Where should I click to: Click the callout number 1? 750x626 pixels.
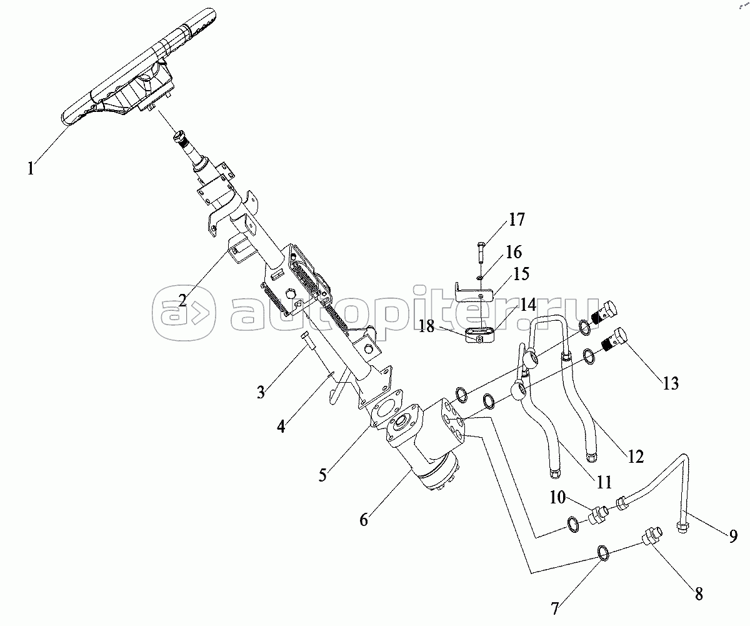(x=31, y=168)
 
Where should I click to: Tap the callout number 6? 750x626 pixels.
(x=364, y=520)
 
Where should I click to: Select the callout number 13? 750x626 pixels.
(x=670, y=383)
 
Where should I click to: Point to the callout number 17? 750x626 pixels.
(x=517, y=220)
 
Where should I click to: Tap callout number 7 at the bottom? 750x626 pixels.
(x=555, y=608)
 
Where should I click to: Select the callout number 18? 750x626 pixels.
(x=427, y=326)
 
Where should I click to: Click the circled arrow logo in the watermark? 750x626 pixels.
(x=184, y=313)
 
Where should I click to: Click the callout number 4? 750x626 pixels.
(x=281, y=427)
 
